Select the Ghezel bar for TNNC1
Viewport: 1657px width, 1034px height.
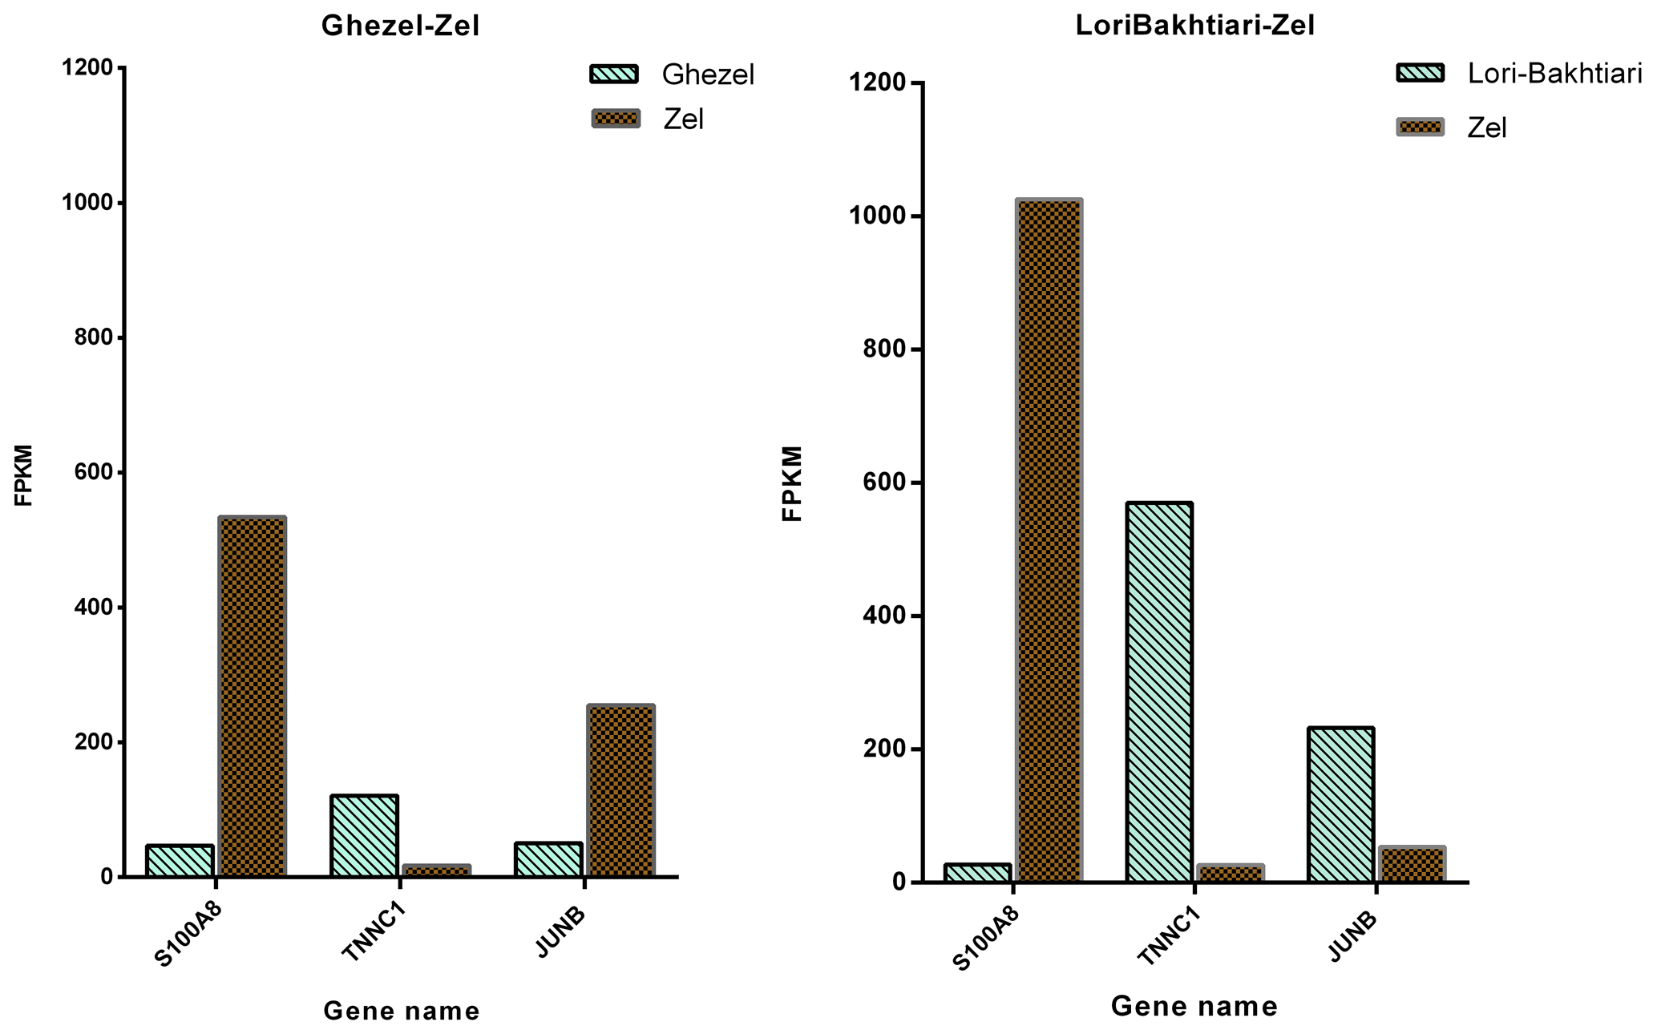pos(364,836)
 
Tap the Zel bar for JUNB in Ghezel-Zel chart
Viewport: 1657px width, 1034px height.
pos(620,790)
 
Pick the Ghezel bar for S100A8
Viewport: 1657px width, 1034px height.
pos(180,860)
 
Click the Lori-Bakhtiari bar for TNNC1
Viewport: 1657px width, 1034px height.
pos(1158,693)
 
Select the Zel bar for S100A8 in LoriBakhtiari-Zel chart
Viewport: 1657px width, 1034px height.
pos(1049,541)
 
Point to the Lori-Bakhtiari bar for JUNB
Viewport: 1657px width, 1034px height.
pos(1340,805)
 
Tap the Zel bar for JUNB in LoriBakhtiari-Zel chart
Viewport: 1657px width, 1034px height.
pos(1412,865)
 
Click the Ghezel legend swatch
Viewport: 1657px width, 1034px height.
pos(615,75)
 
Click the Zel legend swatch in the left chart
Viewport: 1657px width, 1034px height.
pos(616,119)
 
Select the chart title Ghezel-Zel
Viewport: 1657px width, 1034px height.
pos(400,26)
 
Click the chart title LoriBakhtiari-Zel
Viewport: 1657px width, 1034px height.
pos(1194,26)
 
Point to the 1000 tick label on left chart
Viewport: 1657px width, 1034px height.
pos(87,203)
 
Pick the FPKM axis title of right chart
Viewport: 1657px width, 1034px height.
pos(792,483)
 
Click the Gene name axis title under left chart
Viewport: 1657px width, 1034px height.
pos(402,1012)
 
